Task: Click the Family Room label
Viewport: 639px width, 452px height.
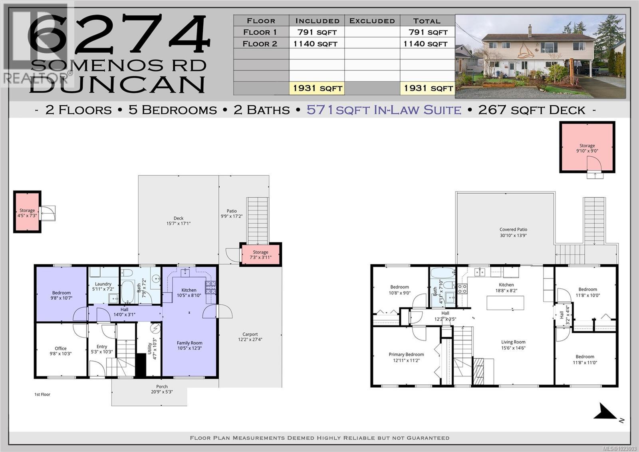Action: [189, 345]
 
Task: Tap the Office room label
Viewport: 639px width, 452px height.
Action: [61, 351]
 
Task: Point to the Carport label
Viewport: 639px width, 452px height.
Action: [250, 337]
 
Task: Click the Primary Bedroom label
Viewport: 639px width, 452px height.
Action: [406, 357]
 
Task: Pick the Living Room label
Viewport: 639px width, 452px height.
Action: [513, 345]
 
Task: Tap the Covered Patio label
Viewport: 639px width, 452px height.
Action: [513, 232]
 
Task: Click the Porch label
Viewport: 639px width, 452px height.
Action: [162, 389]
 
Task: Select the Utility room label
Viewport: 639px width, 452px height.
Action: [152, 349]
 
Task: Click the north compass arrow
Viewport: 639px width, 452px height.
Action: [606, 412]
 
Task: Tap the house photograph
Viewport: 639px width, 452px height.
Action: [540, 56]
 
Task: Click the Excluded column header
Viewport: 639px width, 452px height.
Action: [372, 21]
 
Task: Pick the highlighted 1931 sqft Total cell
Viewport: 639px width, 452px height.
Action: [428, 88]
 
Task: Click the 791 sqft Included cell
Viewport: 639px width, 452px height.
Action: [317, 32]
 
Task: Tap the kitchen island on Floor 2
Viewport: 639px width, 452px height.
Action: [505, 303]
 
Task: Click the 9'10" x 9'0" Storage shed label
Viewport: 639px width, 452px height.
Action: [587, 148]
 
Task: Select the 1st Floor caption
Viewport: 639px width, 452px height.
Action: [42, 394]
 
